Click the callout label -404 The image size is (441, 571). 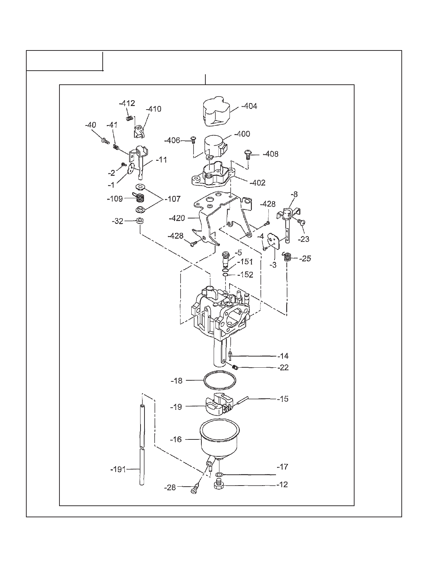[x=249, y=106]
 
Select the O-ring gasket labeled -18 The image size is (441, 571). [x=220, y=381]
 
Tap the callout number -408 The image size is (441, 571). [x=271, y=154]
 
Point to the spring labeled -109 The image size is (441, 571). [x=140, y=198]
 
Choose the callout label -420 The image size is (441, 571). [x=177, y=218]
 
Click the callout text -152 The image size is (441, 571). [x=245, y=275]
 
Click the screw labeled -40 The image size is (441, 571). [x=105, y=141]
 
